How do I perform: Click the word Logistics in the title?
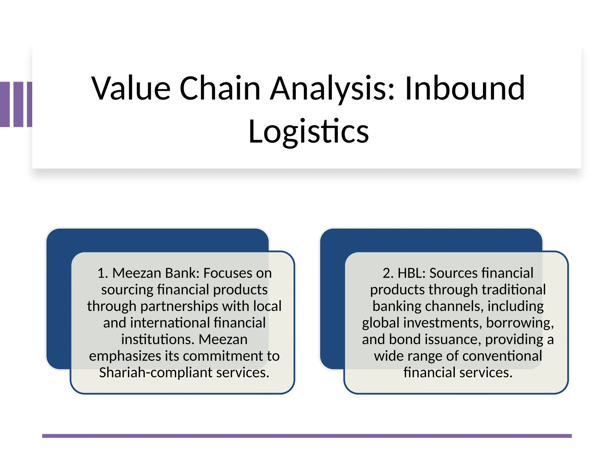308,131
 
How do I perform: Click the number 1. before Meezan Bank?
103,273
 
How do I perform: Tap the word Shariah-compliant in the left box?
156,373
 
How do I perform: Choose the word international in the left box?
170,323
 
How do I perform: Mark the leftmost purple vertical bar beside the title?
5,104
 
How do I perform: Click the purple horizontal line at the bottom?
307,436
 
